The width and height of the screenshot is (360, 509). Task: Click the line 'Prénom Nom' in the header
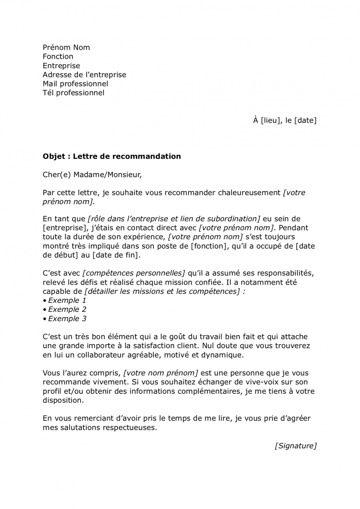(66, 47)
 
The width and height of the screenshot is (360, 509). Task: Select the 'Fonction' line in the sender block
(58, 57)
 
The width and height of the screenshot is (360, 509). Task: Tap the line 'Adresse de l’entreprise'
(84, 75)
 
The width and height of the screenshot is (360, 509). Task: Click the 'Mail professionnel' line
(76, 84)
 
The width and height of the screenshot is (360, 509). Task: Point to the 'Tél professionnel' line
(74, 93)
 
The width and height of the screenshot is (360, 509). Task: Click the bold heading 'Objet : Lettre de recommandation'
(112, 156)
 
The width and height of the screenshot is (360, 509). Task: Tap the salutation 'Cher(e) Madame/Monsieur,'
(92, 175)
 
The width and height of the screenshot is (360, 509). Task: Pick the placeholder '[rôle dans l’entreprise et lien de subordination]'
(174, 219)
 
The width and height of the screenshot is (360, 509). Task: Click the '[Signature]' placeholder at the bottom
(295, 446)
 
